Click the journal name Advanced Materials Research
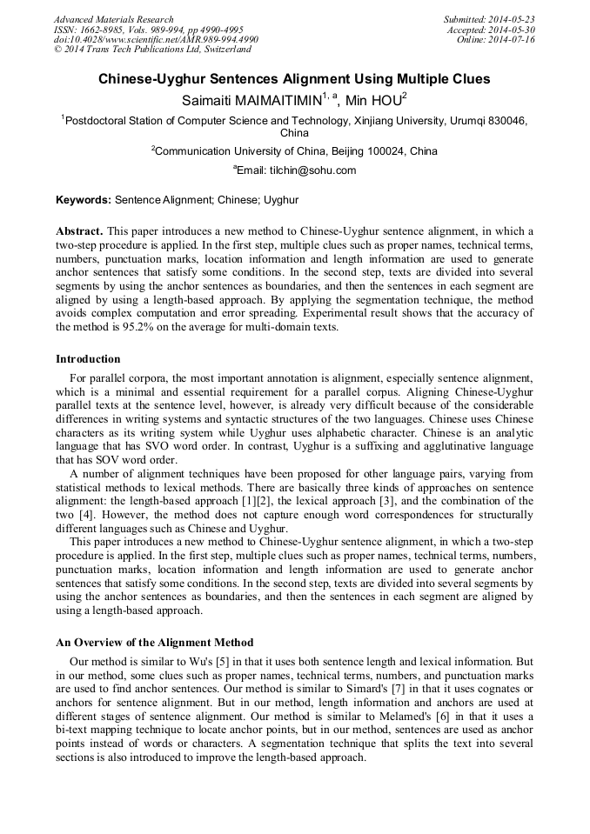tap(113, 19)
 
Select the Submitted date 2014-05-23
tap(513, 19)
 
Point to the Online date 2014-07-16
tap(513, 40)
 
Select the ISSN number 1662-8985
tap(100, 30)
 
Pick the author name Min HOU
tap(372, 101)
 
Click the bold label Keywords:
tap(84, 200)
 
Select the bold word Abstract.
tap(79, 231)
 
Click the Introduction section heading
tap(88, 359)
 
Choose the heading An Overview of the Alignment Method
tap(154, 643)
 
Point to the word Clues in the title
tap(469, 79)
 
